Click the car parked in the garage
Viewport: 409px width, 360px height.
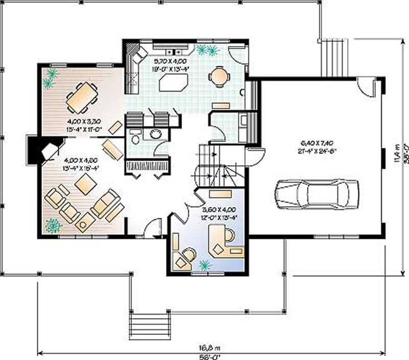click(x=317, y=194)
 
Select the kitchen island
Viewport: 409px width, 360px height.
click(x=174, y=82)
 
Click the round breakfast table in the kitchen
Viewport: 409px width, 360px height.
click(x=219, y=77)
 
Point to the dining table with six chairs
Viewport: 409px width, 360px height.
click(x=82, y=97)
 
